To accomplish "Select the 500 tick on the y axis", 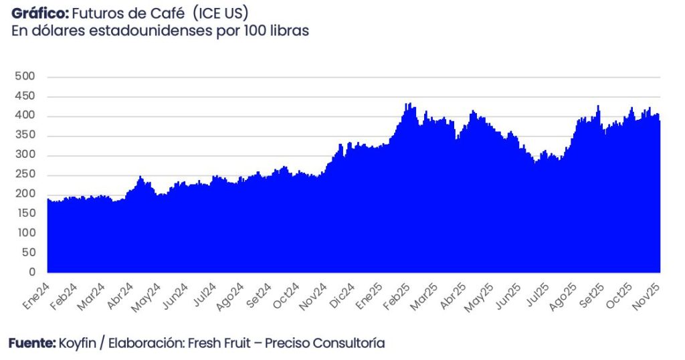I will click(25, 77).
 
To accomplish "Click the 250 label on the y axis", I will click(25, 175).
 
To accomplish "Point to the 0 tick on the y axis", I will click(31, 272).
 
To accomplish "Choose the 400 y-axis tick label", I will click(25, 116).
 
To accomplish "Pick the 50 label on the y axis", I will click(27, 253).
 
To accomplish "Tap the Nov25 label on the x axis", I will click(648, 294).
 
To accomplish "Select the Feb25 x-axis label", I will click(397, 294).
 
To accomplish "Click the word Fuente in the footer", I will click(30, 343).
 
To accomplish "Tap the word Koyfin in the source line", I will click(77, 344).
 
